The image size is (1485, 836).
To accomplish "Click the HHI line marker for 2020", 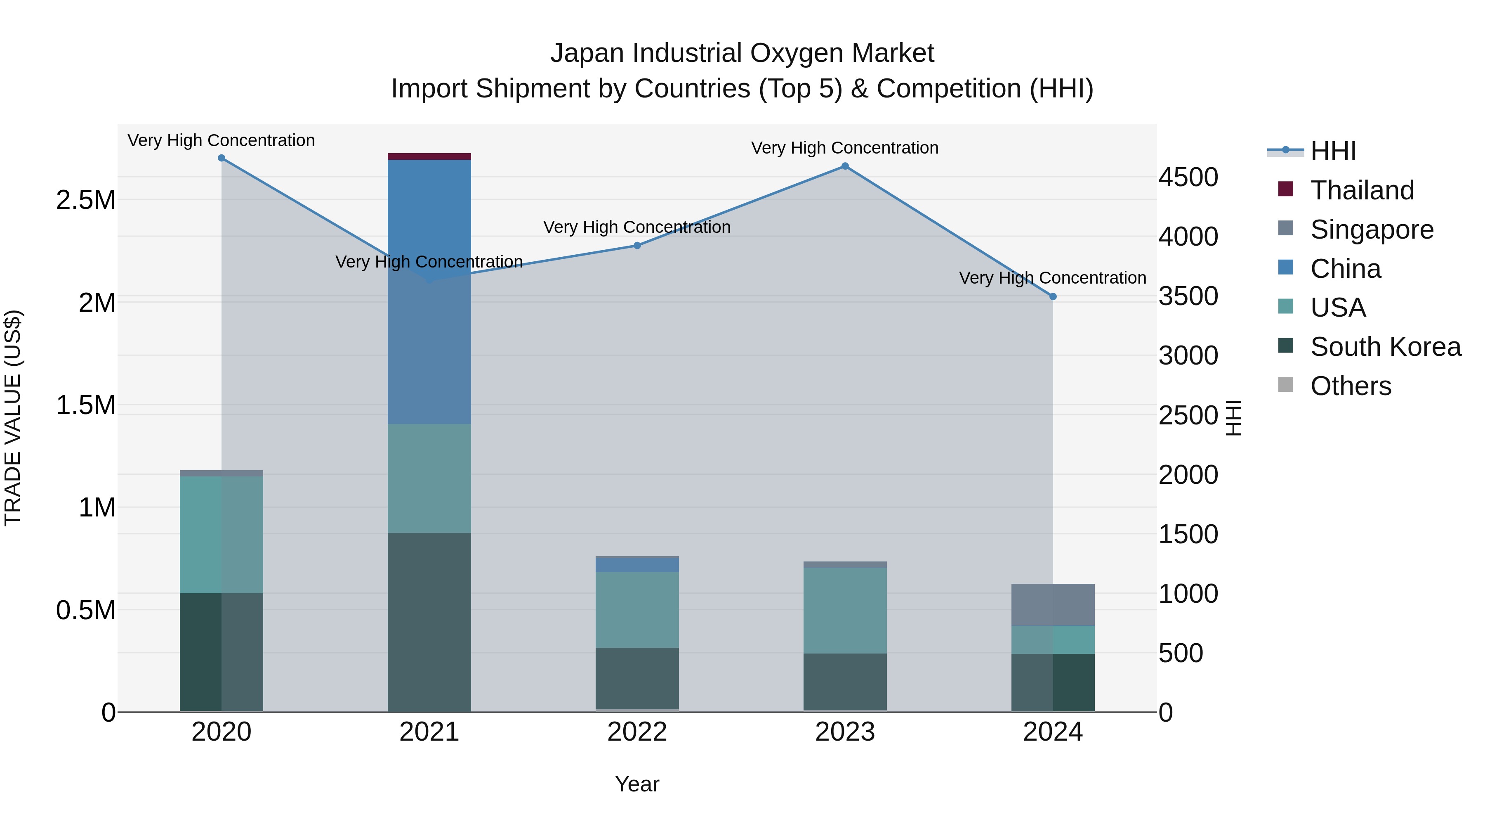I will (x=222, y=158).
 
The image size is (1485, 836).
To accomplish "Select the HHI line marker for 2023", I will (x=844, y=166).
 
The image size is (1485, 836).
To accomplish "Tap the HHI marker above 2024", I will (x=1053, y=296).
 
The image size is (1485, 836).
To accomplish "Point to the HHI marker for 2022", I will (x=637, y=246).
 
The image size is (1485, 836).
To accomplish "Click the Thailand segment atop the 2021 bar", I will (x=429, y=156).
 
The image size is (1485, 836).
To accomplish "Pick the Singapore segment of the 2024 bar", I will (x=1053, y=605).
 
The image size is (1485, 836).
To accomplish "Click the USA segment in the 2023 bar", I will (x=844, y=611).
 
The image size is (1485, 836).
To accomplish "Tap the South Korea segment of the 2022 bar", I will (x=637, y=678).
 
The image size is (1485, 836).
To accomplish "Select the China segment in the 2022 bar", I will (x=637, y=564).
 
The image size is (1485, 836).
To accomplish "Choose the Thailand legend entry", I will (x=1362, y=190).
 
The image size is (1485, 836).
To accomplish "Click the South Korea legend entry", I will (x=1385, y=347).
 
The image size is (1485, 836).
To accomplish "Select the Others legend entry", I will (x=1350, y=386).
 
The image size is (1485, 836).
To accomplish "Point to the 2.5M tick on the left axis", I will (x=85, y=200).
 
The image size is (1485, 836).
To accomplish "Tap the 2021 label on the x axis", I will (x=429, y=732).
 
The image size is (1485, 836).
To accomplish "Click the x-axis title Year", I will (x=637, y=784).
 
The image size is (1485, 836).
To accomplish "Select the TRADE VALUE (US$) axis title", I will (x=13, y=418).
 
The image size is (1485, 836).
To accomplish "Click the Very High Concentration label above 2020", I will (x=222, y=140).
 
